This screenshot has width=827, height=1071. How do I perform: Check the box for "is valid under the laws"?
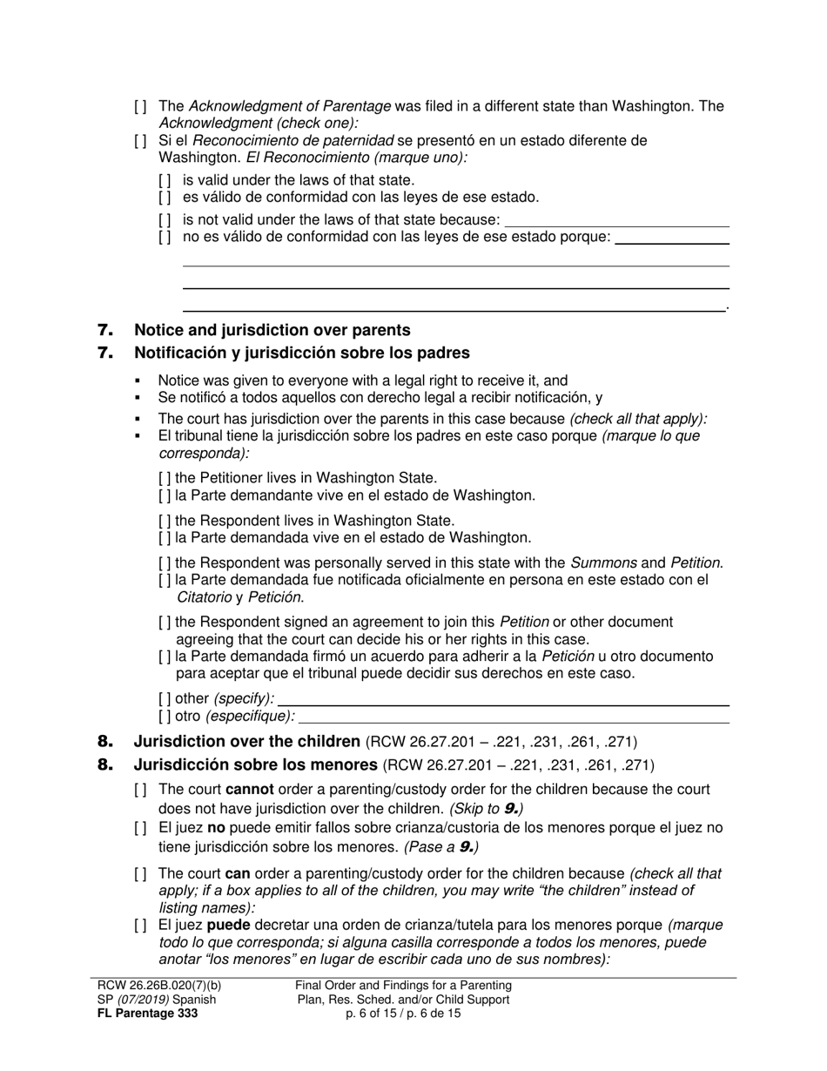[165, 180]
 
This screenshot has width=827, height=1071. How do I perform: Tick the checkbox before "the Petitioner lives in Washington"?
[165, 478]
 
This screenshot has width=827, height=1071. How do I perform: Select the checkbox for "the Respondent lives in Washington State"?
[165, 521]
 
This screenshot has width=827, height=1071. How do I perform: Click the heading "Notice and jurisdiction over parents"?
[272, 330]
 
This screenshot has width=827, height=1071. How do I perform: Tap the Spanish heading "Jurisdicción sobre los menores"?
[256, 765]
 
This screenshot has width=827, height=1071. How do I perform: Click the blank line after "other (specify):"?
[503, 699]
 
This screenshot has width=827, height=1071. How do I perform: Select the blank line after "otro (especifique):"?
[514, 717]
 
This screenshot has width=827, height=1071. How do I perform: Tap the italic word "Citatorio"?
[204, 597]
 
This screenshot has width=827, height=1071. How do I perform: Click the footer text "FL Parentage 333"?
[147, 1014]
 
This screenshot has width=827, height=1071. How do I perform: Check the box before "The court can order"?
[140, 873]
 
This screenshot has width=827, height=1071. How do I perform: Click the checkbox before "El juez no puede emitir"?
[140, 828]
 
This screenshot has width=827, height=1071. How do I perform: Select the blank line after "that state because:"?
[616, 220]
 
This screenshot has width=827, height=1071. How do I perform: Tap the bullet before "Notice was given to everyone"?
[138, 381]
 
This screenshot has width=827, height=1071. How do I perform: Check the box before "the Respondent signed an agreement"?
[165, 623]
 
